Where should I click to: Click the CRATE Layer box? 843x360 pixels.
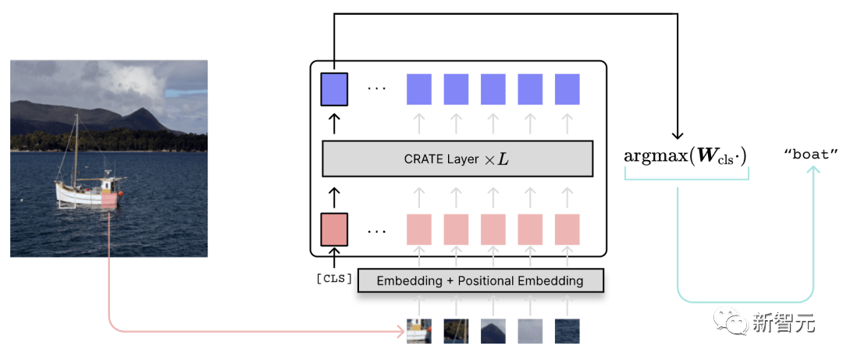point(457,159)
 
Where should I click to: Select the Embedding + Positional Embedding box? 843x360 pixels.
point(480,280)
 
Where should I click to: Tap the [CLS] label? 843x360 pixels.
point(334,279)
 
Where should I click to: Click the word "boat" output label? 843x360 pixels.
point(811,155)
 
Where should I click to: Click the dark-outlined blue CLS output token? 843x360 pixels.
point(334,89)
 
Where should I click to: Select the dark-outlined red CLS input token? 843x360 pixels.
point(334,230)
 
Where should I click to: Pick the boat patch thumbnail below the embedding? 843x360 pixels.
point(419,331)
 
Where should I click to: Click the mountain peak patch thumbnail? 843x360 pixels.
point(493,331)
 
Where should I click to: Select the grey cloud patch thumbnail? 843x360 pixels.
point(530,331)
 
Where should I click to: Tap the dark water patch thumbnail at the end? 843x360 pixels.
point(567,331)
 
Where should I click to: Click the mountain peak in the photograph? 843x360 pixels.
point(143,111)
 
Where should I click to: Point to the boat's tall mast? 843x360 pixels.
point(76,148)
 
